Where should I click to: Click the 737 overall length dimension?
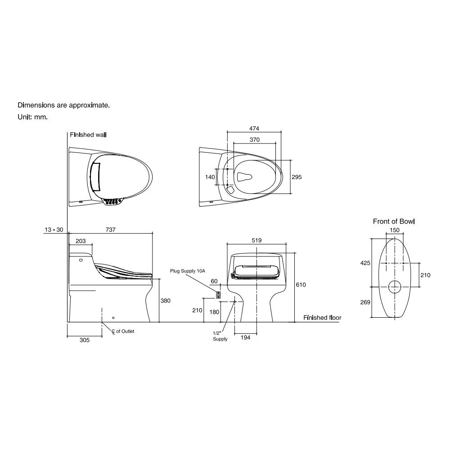[111, 229]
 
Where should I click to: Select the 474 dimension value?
[254, 129]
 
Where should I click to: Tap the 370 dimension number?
[255, 140]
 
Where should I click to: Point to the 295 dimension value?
[297, 177]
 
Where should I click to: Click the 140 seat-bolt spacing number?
[210, 177]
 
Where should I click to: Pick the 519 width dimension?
[256, 240]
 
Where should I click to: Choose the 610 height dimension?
[301, 285]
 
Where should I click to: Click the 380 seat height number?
[165, 301]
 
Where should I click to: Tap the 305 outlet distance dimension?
[85, 340]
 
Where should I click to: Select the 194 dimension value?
[245, 337]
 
